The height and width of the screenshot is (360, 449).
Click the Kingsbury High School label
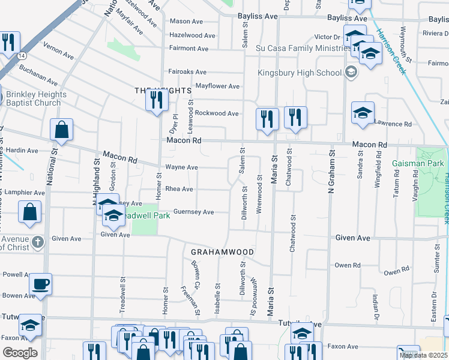pyautogui.click(x=299, y=73)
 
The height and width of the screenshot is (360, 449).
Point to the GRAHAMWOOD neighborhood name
pyautogui.click(x=223, y=251)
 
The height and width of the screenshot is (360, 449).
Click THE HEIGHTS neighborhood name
pyautogui.click(x=162, y=91)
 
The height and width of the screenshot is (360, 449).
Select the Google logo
pyautogui.click(x=19, y=352)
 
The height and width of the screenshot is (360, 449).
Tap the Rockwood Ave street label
pyautogui.click(x=217, y=113)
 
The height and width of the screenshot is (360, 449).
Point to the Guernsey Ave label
pyautogui.click(x=193, y=212)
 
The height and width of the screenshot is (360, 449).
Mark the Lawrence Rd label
pyautogui.click(x=393, y=124)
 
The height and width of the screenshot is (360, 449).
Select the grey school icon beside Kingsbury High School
pyautogui.click(x=351, y=73)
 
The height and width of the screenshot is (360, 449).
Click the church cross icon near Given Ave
pyautogui.click(x=38, y=242)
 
